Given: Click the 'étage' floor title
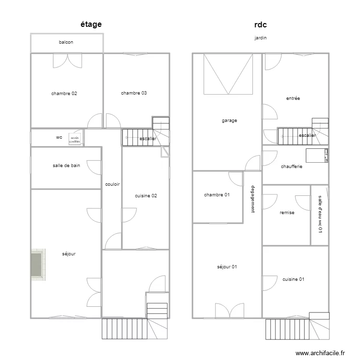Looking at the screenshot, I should point(91,24).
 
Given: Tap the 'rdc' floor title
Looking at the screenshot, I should point(260,24).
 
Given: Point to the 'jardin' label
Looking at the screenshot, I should point(261,37).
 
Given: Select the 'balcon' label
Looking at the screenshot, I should point(66,43).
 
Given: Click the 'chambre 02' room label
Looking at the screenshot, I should point(64,94).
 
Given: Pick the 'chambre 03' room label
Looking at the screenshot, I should point(133,93).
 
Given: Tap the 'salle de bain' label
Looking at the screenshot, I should point(66,166).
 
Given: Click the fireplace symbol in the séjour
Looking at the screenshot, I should point(37,264).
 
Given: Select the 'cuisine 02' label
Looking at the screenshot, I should point(145,196).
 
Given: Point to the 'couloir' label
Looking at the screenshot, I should point(112,184).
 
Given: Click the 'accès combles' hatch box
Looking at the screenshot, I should point(75,139).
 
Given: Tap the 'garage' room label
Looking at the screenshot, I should point(229,121).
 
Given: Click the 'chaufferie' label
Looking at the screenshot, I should point(291,167).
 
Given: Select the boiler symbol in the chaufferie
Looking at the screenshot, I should point(317,156).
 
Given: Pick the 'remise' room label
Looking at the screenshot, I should point(287,213).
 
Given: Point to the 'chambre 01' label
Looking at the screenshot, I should point(216,195).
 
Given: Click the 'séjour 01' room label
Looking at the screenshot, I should point(227,267).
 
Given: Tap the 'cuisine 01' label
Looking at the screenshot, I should point(293,279).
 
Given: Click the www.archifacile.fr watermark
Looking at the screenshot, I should point(320,353).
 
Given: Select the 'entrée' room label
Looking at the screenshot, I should point(293,98).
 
